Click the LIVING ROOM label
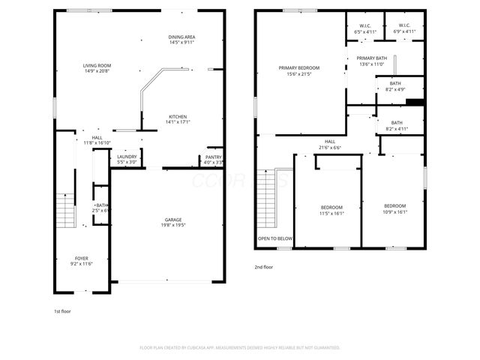(97, 66)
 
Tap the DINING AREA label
(182, 37)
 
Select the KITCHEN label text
(177, 116)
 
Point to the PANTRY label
(214, 157)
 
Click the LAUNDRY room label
(127, 156)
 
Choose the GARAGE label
(173, 219)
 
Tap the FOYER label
(81, 258)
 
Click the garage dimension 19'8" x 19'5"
(173, 225)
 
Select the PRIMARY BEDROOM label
(299, 67)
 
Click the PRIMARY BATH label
(371, 58)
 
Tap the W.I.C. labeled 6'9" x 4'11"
(405, 32)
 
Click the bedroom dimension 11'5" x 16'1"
(331, 212)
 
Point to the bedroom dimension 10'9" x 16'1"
(394, 211)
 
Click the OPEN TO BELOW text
(275, 239)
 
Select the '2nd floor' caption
(264, 267)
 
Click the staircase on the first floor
(65, 206)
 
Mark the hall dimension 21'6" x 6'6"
(330, 147)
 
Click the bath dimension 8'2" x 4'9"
(395, 89)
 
